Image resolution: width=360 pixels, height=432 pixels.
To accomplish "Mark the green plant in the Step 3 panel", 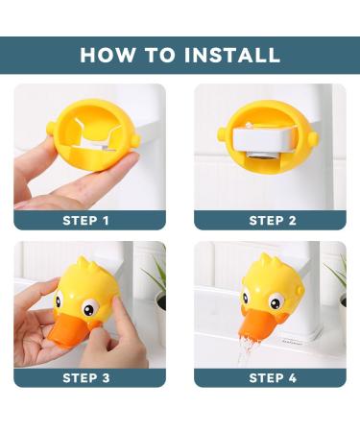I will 156,277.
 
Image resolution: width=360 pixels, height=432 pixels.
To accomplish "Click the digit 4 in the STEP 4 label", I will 292,377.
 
